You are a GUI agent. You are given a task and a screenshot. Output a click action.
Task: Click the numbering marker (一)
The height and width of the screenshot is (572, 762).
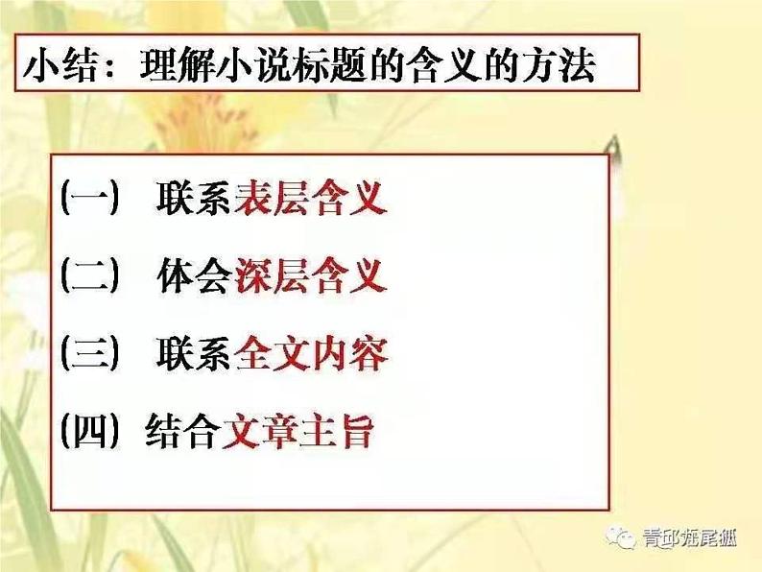(90, 198)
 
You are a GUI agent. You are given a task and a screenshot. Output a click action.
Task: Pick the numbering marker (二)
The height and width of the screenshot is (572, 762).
(90, 275)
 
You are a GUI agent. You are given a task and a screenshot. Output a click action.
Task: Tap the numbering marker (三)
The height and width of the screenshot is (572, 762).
(90, 353)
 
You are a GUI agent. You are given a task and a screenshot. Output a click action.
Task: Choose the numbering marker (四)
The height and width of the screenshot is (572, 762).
(90, 431)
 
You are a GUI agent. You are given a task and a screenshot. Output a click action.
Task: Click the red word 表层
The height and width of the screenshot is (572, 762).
(272, 198)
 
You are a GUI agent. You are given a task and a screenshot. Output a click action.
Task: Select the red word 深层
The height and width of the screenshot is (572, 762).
(272, 275)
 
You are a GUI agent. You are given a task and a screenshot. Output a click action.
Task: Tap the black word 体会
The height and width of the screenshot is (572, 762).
(194, 275)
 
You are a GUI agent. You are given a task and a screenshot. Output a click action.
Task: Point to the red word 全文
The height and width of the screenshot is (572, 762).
(272, 353)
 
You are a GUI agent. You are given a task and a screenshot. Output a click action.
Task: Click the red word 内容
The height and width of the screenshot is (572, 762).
(350, 353)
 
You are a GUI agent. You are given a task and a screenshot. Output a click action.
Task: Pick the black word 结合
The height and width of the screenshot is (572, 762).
(181, 431)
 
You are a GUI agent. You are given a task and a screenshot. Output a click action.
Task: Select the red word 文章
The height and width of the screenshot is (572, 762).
(259, 431)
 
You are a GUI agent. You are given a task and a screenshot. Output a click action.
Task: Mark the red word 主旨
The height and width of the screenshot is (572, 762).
(337, 431)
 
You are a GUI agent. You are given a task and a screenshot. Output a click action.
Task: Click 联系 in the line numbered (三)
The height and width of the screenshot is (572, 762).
(194, 353)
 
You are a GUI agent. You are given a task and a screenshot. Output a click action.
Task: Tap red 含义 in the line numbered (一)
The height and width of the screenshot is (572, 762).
(350, 198)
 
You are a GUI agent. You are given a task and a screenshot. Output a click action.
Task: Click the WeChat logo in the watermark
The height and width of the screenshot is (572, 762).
(621, 537)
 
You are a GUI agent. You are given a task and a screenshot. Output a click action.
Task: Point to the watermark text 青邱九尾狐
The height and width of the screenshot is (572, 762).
(690, 538)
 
